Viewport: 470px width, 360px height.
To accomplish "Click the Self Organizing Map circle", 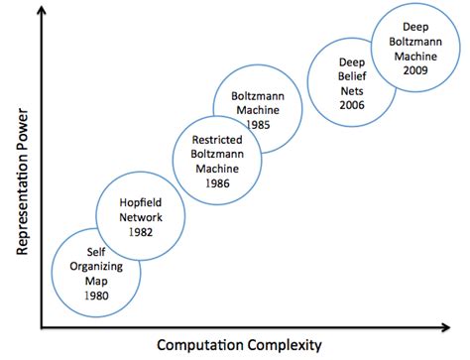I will [x=95, y=268].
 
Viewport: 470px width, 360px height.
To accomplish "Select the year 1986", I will [x=218, y=185].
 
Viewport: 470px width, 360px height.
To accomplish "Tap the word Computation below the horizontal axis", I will [x=199, y=346].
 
